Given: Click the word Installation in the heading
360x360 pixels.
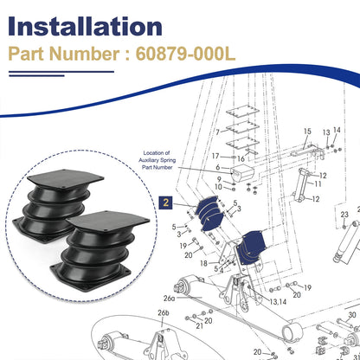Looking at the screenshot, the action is [x=85, y=26].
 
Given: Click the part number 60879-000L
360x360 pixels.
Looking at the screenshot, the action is [x=185, y=54].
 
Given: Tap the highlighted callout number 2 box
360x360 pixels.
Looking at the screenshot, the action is [x=166, y=202].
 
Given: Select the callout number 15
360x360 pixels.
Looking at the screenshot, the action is [x=307, y=132].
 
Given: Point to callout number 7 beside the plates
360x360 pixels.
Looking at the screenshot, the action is [x=218, y=132].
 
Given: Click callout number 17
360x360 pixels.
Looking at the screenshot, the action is [x=215, y=156].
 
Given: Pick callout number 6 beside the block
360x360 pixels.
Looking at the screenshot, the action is [x=218, y=167].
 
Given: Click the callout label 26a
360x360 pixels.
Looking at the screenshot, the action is [x=170, y=299].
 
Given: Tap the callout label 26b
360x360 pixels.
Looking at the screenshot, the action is [x=164, y=313].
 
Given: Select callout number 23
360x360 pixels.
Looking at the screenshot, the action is [x=344, y=215].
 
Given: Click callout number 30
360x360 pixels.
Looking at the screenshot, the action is [x=352, y=315].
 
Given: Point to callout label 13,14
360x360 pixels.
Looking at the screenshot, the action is [x=278, y=302].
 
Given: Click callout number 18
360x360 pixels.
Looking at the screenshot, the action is [x=203, y=263].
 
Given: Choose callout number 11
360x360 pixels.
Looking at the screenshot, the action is [x=318, y=183].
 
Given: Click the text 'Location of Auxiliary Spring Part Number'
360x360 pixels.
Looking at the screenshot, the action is [x=157, y=160].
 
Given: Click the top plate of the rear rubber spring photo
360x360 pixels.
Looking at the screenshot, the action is [x=66, y=178].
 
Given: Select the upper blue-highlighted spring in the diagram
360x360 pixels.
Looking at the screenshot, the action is [x=209, y=213].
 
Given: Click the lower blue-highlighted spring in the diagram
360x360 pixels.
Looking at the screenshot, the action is [x=250, y=247].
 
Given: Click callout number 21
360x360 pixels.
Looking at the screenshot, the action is [x=200, y=326].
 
